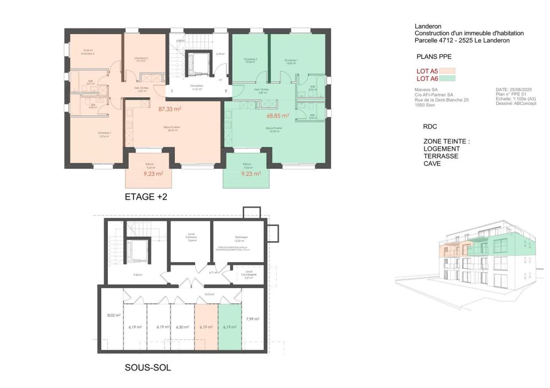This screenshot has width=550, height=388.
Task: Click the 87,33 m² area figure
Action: click(x=170, y=109)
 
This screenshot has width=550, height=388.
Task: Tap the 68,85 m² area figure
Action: click(x=278, y=116)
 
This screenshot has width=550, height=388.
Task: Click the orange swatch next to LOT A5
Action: click(x=447, y=70)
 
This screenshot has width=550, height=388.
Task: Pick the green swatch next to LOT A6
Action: click(x=447, y=78)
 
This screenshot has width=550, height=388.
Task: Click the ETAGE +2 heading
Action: click(x=146, y=197)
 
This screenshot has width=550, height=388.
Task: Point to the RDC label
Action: click(x=430, y=126)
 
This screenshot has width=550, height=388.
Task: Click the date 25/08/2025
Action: click(x=520, y=89)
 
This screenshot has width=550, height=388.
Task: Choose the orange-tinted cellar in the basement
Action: click(x=206, y=327)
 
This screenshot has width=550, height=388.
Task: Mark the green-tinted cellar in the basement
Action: click(x=230, y=327)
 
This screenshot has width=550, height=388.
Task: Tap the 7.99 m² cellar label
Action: click(x=253, y=319)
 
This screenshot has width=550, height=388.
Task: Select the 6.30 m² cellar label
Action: click(x=182, y=327)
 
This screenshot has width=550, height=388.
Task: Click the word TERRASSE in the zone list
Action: click(x=441, y=156)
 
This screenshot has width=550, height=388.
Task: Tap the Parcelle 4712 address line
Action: click(x=461, y=41)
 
